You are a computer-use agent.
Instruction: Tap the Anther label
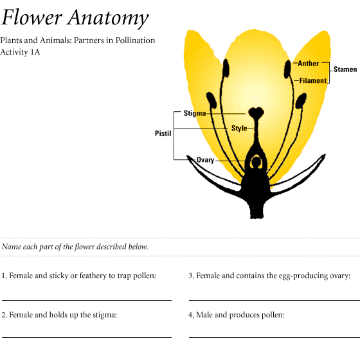pos(309,64)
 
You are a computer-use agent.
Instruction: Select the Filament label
pos(312,80)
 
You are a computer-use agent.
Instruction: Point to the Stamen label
pos(345,69)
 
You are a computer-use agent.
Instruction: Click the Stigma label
pos(195,113)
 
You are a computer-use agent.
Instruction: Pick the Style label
pos(239,128)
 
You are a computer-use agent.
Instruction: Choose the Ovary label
pos(205,160)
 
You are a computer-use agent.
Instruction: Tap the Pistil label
pos(163,134)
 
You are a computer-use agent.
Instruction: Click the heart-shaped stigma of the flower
pos(256,112)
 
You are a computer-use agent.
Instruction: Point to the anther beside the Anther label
pos(287,69)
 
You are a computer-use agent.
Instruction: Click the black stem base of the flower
pos(256,208)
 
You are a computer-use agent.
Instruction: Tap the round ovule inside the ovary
pos(256,162)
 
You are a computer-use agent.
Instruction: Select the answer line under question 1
pos(87,300)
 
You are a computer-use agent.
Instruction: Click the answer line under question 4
pos(274,337)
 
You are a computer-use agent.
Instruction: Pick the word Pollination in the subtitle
pos(135,40)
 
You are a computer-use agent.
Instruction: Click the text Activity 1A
pos(20,52)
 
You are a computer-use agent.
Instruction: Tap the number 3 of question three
pos(191,276)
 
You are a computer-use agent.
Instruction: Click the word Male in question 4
pos(204,315)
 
